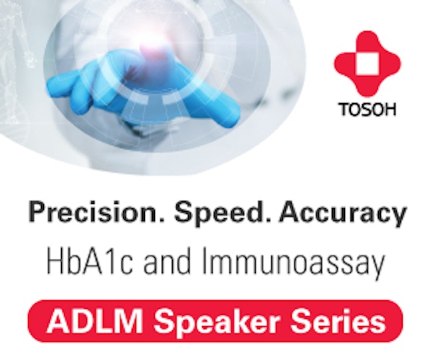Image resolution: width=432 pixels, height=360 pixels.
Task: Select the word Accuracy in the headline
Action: [342, 213]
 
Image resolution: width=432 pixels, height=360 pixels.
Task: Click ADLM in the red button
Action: [94, 321]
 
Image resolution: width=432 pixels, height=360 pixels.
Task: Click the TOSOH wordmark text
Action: [368, 110]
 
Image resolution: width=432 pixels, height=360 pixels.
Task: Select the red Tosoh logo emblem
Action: [368, 64]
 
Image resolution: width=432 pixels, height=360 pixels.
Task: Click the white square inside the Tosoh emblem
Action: [368, 64]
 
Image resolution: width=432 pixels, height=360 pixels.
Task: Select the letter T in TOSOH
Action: [345, 110]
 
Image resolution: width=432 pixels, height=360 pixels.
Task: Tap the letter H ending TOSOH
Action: [390, 110]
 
